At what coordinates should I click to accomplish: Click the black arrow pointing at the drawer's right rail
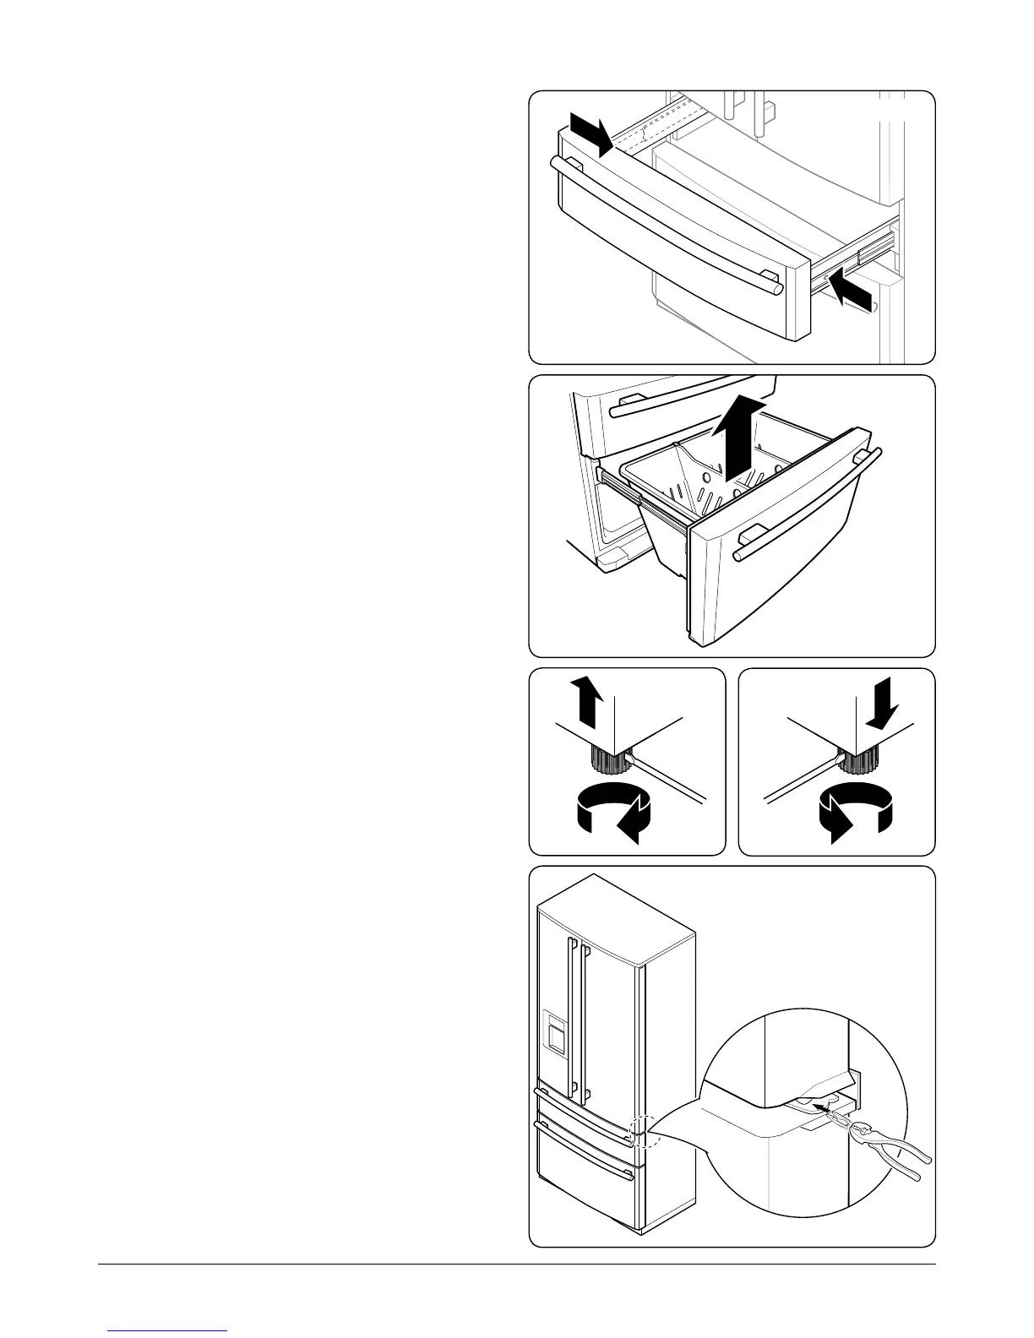(x=849, y=291)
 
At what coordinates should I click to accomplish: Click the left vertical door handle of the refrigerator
(x=571, y=1014)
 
